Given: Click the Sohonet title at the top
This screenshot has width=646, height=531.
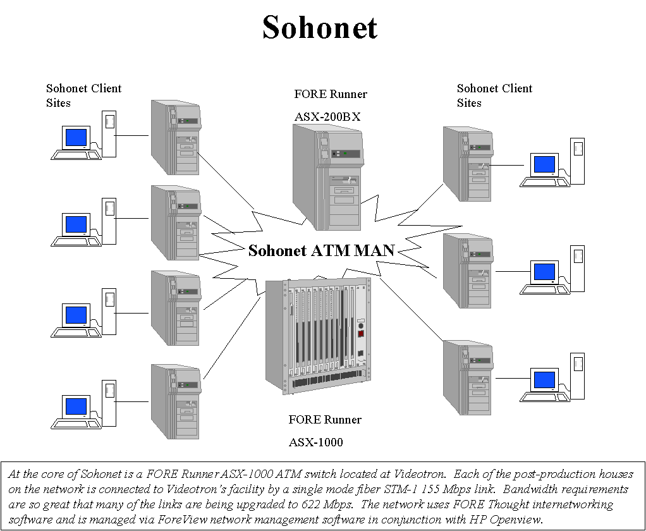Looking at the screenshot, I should (x=320, y=28).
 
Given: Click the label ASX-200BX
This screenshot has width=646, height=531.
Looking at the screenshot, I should (x=327, y=117).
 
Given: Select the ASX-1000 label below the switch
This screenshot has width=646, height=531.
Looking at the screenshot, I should (x=316, y=442).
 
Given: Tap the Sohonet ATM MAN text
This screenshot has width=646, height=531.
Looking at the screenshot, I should (x=321, y=251).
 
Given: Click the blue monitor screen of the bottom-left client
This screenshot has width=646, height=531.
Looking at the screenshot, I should (x=76, y=406).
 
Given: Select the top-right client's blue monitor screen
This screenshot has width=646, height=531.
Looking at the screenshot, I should (x=544, y=164).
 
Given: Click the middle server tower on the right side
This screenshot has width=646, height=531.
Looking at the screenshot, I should (x=467, y=271).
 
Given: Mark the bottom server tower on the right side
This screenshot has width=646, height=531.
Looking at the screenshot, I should (x=467, y=377).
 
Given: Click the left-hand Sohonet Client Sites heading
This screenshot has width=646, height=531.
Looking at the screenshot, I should (x=83, y=95).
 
